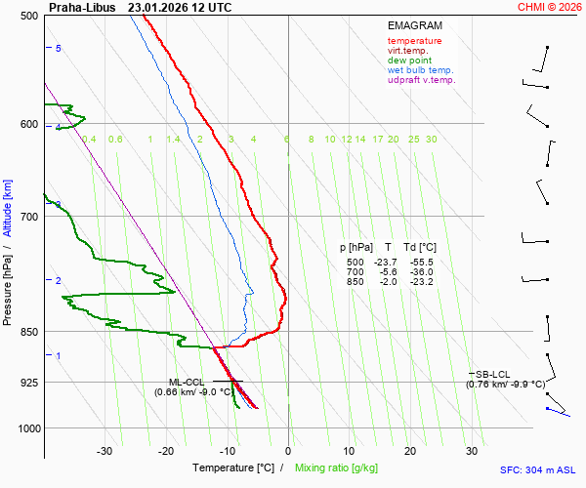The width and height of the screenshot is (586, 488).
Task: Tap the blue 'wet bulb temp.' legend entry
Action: click(420, 70)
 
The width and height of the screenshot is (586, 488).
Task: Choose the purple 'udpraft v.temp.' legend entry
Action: click(421, 80)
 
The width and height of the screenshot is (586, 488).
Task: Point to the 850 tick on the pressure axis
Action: click(28, 332)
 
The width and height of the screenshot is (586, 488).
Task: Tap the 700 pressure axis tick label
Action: click(28, 217)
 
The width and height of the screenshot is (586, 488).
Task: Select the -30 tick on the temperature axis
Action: click(105, 451)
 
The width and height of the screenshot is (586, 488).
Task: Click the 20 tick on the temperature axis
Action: click(410, 451)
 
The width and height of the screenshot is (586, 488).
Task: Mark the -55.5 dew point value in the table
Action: click(422, 263)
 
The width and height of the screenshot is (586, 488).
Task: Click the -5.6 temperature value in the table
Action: click(388, 272)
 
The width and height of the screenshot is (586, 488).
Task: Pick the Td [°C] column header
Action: click(420, 248)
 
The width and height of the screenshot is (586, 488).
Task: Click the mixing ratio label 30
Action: click(430, 140)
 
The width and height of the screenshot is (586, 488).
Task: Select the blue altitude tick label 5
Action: click(59, 48)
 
